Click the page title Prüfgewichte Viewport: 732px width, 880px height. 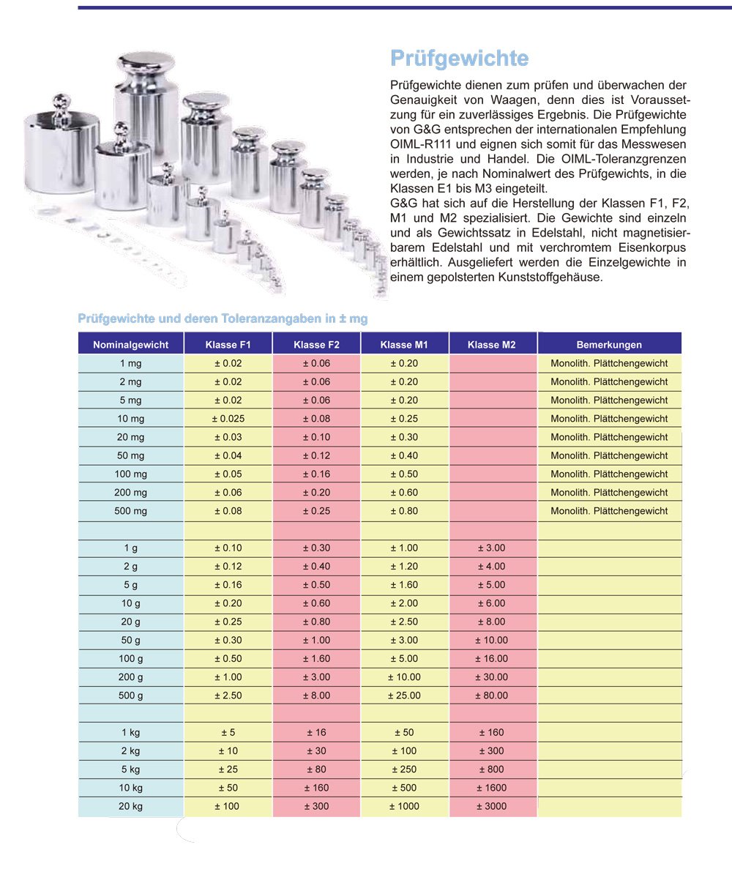(x=459, y=58)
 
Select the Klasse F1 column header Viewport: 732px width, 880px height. (x=228, y=345)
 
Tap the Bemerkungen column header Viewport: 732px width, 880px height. (x=609, y=345)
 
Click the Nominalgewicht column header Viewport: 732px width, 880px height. (x=131, y=345)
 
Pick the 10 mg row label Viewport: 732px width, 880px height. (x=131, y=419)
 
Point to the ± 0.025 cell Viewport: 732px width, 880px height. (x=228, y=419)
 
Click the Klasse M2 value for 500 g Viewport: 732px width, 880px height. (x=492, y=696)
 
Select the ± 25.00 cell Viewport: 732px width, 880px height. (x=404, y=696)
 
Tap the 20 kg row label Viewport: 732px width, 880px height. (x=131, y=807)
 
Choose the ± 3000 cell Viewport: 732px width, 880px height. (x=492, y=807)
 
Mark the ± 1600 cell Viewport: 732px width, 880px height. (x=492, y=788)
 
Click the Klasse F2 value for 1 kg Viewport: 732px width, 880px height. (x=316, y=733)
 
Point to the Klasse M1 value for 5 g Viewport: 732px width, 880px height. (x=404, y=585)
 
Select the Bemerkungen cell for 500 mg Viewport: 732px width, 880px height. (x=609, y=511)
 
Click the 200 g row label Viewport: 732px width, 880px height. (x=131, y=677)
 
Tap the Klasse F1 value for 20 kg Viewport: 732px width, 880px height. (x=228, y=807)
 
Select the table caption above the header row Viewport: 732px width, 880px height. (x=223, y=319)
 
